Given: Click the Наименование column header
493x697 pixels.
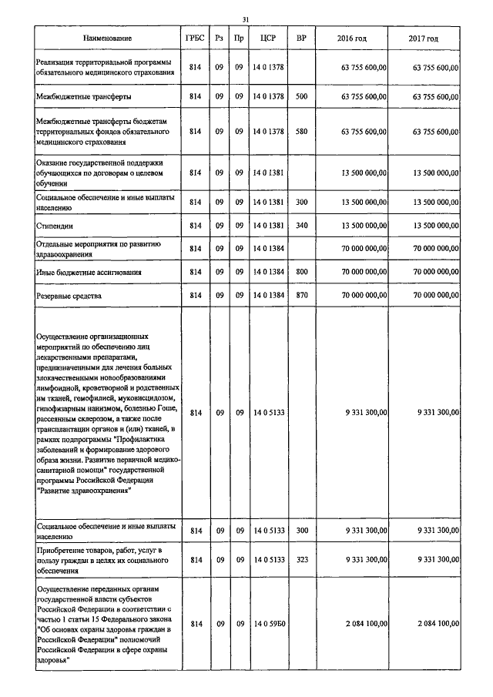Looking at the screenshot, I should (106, 39).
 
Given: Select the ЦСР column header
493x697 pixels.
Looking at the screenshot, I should (268, 39).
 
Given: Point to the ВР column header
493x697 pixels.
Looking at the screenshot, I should (301, 39).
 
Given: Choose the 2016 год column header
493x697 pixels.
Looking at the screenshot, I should (352, 39).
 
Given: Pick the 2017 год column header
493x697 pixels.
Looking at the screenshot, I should (424, 39).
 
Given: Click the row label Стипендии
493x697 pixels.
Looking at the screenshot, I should (53, 225).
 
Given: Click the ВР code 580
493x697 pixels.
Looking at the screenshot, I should (301, 132).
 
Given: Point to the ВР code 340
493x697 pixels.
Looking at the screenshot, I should (301, 225).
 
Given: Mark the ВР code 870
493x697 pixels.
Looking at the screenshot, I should (301, 296).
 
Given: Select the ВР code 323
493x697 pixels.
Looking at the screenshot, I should (301, 559).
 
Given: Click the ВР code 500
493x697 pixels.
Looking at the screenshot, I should (301, 98).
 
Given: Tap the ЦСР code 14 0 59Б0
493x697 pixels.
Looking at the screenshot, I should (268, 623).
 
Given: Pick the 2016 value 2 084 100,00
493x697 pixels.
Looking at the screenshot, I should (362, 623).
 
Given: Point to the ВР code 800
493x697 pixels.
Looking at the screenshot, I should (301, 273).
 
